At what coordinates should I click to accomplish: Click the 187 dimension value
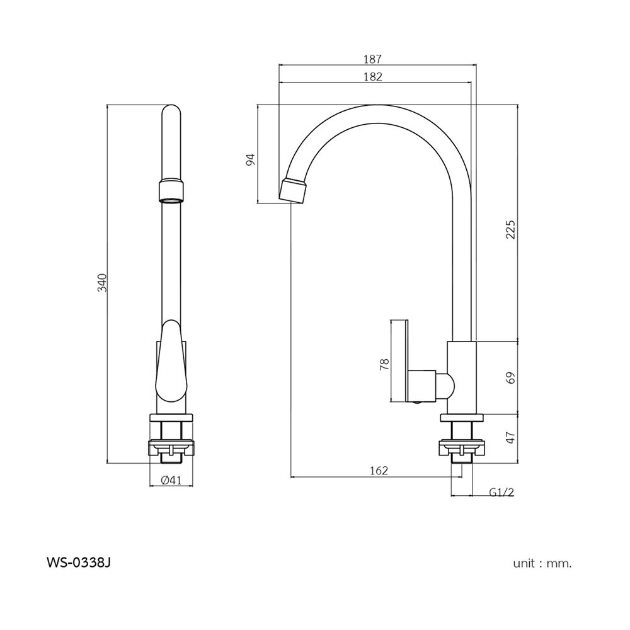pyautogui.click(x=372, y=59)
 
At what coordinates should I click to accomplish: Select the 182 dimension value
pyautogui.click(x=372, y=77)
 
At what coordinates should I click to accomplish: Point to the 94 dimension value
pyautogui.click(x=250, y=159)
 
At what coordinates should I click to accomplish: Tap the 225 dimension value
pyautogui.click(x=510, y=229)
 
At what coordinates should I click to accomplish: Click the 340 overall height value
pyautogui.click(x=102, y=282)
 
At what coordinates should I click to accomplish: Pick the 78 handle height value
pyautogui.click(x=384, y=364)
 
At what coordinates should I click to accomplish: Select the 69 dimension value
pyautogui.click(x=510, y=377)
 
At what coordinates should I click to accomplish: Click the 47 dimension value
pyautogui.click(x=510, y=438)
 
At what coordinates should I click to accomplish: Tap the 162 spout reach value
pyautogui.click(x=379, y=470)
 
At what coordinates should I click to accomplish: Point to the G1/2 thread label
pyautogui.click(x=501, y=492)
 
